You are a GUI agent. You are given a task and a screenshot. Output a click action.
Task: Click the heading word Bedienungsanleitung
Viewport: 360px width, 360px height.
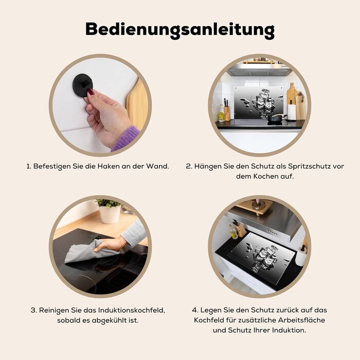click(180, 30)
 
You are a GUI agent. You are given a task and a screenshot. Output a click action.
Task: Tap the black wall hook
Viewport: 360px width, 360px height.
click(83, 84)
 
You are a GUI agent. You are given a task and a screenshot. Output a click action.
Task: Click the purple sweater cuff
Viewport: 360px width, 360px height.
click(127, 138)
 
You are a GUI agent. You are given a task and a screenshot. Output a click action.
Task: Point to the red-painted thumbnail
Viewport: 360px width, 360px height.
click(91, 93)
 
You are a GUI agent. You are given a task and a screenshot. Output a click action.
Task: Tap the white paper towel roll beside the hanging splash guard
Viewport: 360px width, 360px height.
click(292, 112)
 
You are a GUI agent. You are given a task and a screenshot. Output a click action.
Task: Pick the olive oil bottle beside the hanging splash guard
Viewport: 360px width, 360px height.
click(221, 114)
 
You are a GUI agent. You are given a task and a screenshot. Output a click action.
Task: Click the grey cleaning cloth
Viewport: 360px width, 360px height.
click(89, 252)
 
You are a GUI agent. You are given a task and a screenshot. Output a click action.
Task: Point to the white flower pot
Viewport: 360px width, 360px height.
click(110, 214)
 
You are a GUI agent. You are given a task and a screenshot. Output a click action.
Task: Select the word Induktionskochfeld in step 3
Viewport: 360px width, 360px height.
click(132, 310)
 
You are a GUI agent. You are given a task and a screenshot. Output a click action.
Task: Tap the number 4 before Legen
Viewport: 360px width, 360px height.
click(195, 310)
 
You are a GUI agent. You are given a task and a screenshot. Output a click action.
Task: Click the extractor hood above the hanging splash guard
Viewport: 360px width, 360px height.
click(259, 70)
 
